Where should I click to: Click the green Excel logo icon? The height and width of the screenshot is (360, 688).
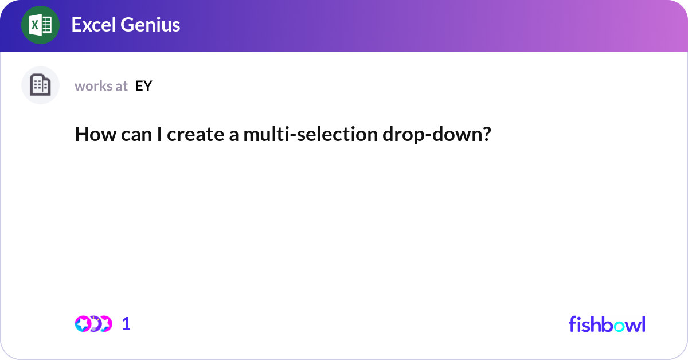tap(40, 25)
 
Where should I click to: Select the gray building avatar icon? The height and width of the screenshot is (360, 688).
tap(40, 85)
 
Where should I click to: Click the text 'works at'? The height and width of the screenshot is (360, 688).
tap(101, 86)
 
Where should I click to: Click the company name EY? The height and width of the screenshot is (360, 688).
tap(144, 86)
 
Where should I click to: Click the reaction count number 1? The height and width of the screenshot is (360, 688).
tap(127, 324)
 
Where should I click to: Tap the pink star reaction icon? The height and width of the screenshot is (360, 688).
tap(83, 324)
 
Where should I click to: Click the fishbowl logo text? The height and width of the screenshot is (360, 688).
tap(607, 324)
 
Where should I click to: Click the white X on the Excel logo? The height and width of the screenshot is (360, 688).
tap(34, 25)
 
